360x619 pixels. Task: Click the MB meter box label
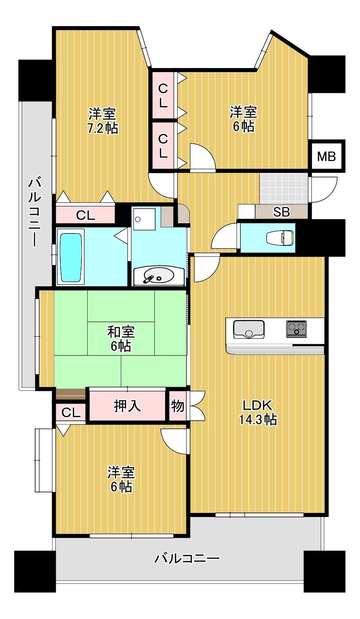tap(326, 156)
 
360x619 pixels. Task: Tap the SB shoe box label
tap(281, 212)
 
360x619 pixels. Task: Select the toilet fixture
tap(280, 238)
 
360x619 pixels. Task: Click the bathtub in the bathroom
tap(71, 258)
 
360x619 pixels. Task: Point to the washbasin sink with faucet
tap(158, 275)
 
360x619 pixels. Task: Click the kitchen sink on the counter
tap(249, 329)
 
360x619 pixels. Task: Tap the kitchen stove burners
tap(297, 329)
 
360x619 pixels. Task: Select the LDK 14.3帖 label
tap(258, 412)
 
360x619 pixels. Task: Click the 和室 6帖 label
tap(121, 339)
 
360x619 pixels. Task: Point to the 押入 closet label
tap(127, 406)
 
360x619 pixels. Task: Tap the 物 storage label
tap(177, 406)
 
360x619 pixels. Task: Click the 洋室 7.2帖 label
tap(103, 121)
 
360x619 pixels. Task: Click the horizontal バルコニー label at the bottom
tap(187, 558)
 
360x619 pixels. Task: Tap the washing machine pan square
tap(144, 219)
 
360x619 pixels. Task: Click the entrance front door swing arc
tap(324, 190)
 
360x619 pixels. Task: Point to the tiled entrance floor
tap(283, 189)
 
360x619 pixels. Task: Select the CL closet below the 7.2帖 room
tap(85, 215)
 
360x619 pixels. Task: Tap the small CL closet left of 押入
tap(71, 413)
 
